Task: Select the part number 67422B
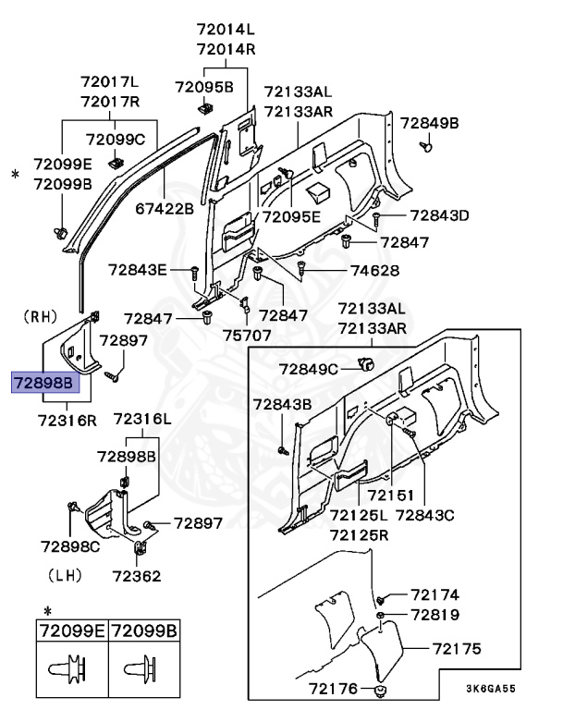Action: [x=164, y=210]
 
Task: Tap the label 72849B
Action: [x=429, y=123]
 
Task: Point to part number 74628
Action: [x=374, y=271]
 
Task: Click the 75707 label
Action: [x=247, y=336]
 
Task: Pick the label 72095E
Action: [x=291, y=217]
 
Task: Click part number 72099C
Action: [x=116, y=140]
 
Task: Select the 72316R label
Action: [x=67, y=420]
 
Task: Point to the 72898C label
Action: [x=70, y=547]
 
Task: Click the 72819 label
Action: [x=434, y=615]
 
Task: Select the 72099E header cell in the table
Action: [x=72, y=633]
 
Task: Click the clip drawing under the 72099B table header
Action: [x=145, y=667]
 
